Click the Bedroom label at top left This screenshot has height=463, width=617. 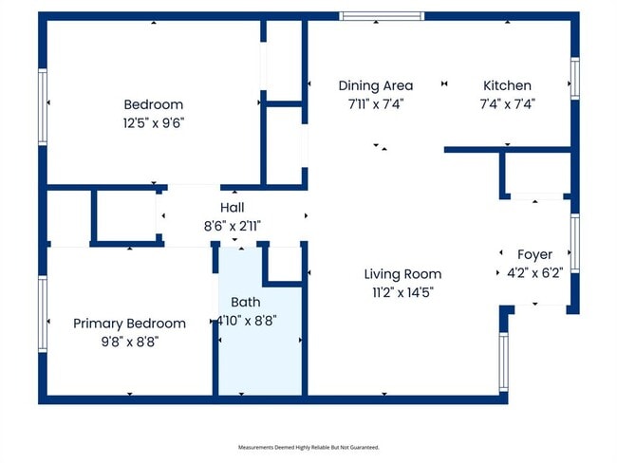(153, 104)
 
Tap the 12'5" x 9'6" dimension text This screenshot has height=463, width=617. (153, 121)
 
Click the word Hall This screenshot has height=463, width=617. (233, 208)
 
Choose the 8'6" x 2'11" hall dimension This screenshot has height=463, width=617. (233, 225)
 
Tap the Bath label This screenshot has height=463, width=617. (247, 303)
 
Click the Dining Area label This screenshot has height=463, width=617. (376, 85)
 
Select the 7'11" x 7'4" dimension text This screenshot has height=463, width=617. (376, 103)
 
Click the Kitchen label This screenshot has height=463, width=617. (507, 85)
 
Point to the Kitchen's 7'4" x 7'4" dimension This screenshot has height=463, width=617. (507, 103)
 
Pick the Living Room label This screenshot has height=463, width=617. (402, 274)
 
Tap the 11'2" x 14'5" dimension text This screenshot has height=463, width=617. (402, 291)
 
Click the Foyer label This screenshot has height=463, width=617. (534, 255)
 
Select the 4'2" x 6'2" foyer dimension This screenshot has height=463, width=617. (534, 272)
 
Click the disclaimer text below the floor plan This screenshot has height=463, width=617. (308, 447)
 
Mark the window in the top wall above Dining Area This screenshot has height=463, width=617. (382, 16)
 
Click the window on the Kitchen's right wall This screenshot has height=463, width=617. (574, 77)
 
